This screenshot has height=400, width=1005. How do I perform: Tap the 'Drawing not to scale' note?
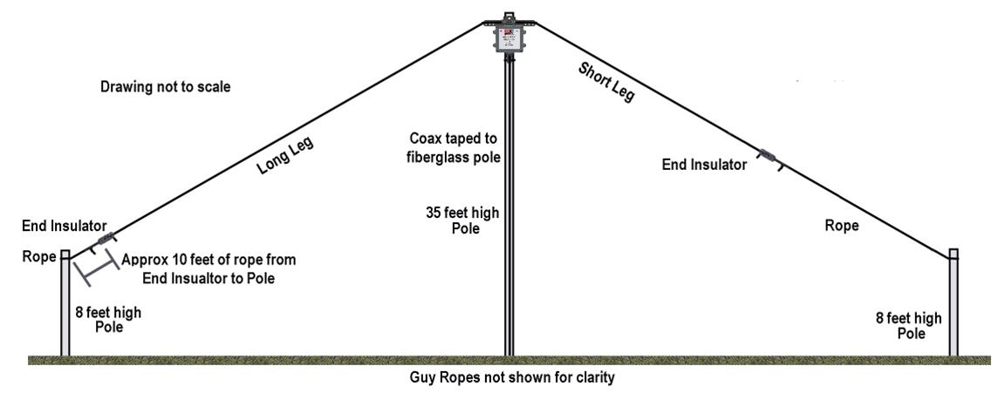coord(166,87)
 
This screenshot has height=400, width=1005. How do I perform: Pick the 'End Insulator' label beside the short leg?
coord(704,164)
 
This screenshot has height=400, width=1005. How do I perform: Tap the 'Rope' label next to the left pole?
coord(38,256)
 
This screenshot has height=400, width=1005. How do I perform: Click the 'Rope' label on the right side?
coord(842,226)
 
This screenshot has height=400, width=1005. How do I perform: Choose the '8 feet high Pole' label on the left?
coord(107,319)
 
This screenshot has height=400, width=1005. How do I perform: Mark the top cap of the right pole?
coord(954,254)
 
